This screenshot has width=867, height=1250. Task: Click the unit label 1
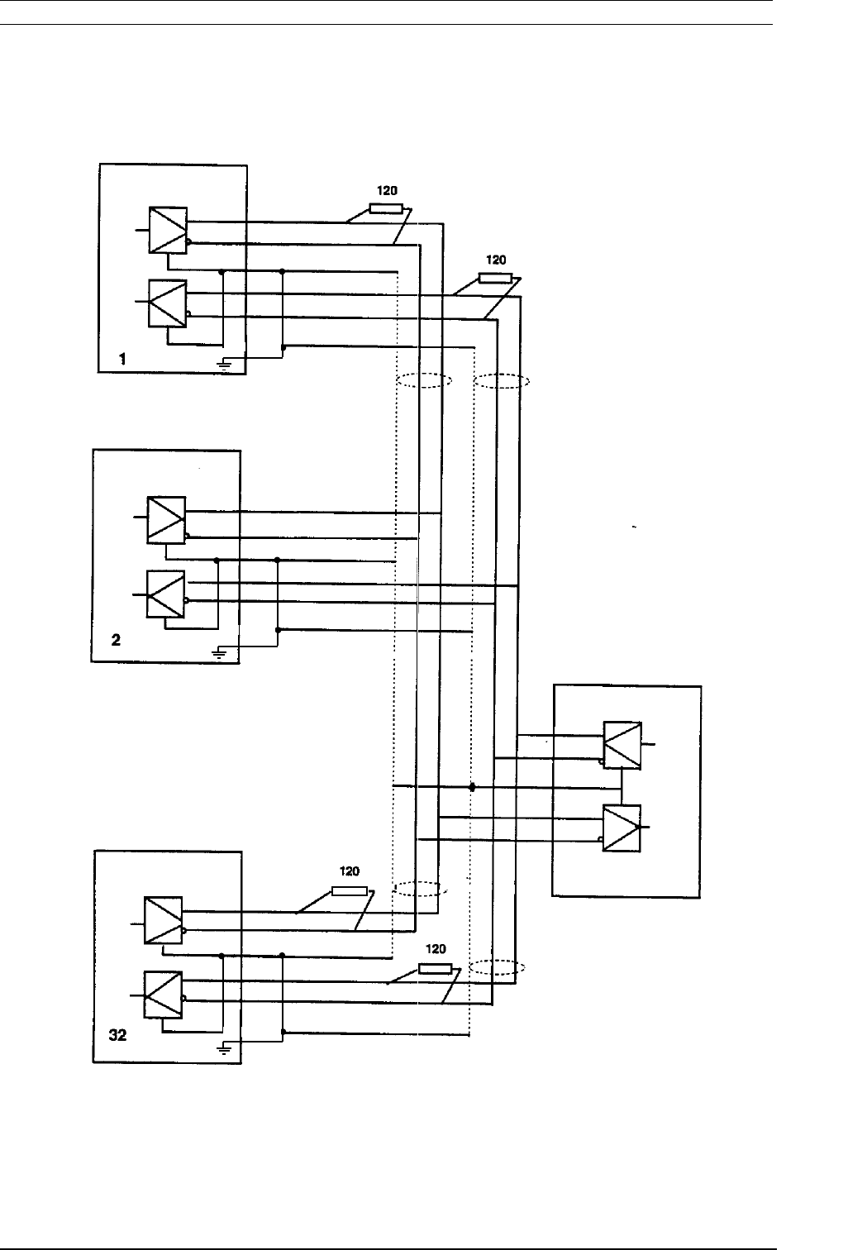(x=122, y=359)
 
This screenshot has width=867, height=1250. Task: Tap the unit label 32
(x=118, y=1034)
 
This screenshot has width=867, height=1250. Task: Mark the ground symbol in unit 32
(x=223, y=1048)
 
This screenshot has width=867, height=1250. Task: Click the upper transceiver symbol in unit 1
(x=168, y=229)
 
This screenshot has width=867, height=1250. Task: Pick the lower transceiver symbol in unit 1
(x=167, y=303)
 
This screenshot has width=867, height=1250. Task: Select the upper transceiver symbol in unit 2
(x=166, y=520)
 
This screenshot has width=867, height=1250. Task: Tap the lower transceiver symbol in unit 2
(x=165, y=594)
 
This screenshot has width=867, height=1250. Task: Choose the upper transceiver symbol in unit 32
(x=163, y=920)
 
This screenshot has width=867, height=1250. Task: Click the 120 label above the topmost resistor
(x=386, y=190)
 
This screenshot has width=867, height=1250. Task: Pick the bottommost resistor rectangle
(x=436, y=968)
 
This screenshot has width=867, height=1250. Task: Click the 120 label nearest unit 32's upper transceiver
(x=350, y=872)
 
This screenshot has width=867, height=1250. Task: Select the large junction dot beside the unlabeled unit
(x=473, y=787)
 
